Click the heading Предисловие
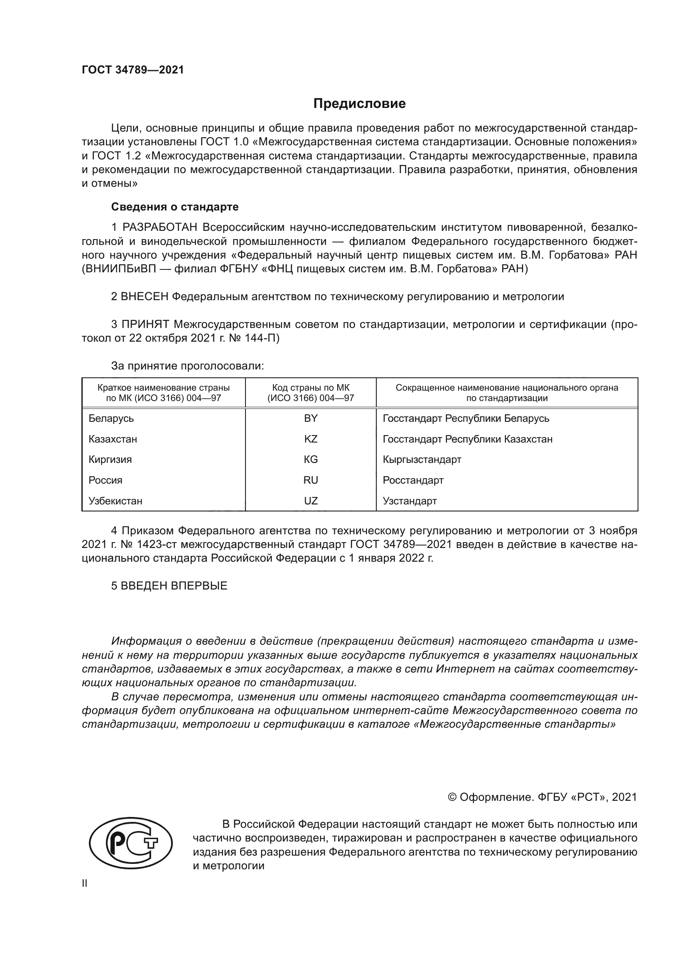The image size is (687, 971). click(359, 104)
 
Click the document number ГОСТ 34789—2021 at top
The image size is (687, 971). click(133, 70)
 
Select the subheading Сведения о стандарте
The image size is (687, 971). click(175, 207)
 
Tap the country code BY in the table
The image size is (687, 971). click(311, 418)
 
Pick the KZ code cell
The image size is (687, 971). click(311, 439)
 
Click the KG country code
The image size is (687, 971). click(311, 459)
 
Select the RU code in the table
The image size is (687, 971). click(311, 480)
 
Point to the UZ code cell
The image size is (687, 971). click(311, 501)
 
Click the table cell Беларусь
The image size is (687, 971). click(111, 418)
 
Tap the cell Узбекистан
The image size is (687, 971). click(115, 501)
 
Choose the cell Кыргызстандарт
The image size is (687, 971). click(422, 459)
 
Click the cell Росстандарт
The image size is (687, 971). click(413, 480)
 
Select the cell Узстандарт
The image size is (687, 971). click(410, 501)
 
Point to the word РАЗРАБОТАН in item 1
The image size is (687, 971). click(159, 227)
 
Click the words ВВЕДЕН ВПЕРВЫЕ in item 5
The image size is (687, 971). click(174, 586)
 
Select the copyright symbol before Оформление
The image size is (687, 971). click(452, 797)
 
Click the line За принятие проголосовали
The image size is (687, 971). click(187, 366)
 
